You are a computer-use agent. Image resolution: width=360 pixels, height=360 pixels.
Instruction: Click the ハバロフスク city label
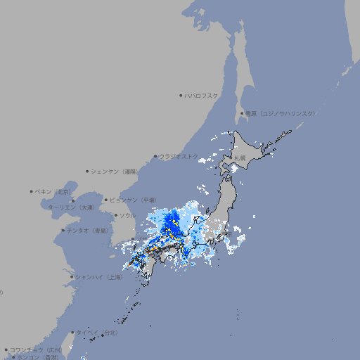(202, 95)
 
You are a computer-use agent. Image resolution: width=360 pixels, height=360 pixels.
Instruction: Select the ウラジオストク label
(179, 156)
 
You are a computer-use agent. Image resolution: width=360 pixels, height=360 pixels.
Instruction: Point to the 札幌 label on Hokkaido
(241, 159)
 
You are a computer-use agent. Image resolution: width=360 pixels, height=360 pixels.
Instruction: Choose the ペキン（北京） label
(54, 191)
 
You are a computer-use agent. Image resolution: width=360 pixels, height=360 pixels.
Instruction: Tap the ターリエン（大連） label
(71, 207)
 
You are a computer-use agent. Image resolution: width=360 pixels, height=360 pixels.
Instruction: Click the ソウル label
(127, 215)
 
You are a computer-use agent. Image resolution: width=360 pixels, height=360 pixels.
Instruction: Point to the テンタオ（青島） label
(88, 230)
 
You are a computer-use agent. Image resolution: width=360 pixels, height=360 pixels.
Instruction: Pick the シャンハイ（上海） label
(99, 277)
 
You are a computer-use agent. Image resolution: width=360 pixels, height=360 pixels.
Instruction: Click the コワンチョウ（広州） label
(36, 349)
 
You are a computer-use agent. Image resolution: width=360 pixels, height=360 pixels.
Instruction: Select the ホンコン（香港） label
(39, 357)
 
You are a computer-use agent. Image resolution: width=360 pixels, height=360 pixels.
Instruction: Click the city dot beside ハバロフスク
(181, 95)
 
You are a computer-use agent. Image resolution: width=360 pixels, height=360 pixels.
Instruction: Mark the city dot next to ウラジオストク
(155, 156)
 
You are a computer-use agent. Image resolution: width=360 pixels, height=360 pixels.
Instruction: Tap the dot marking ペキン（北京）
(32, 191)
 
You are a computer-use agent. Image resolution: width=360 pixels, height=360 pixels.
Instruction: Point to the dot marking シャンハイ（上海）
(72, 277)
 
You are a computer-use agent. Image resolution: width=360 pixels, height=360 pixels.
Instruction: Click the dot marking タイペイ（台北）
(73, 332)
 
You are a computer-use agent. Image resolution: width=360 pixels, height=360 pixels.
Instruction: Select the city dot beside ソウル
(115, 215)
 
